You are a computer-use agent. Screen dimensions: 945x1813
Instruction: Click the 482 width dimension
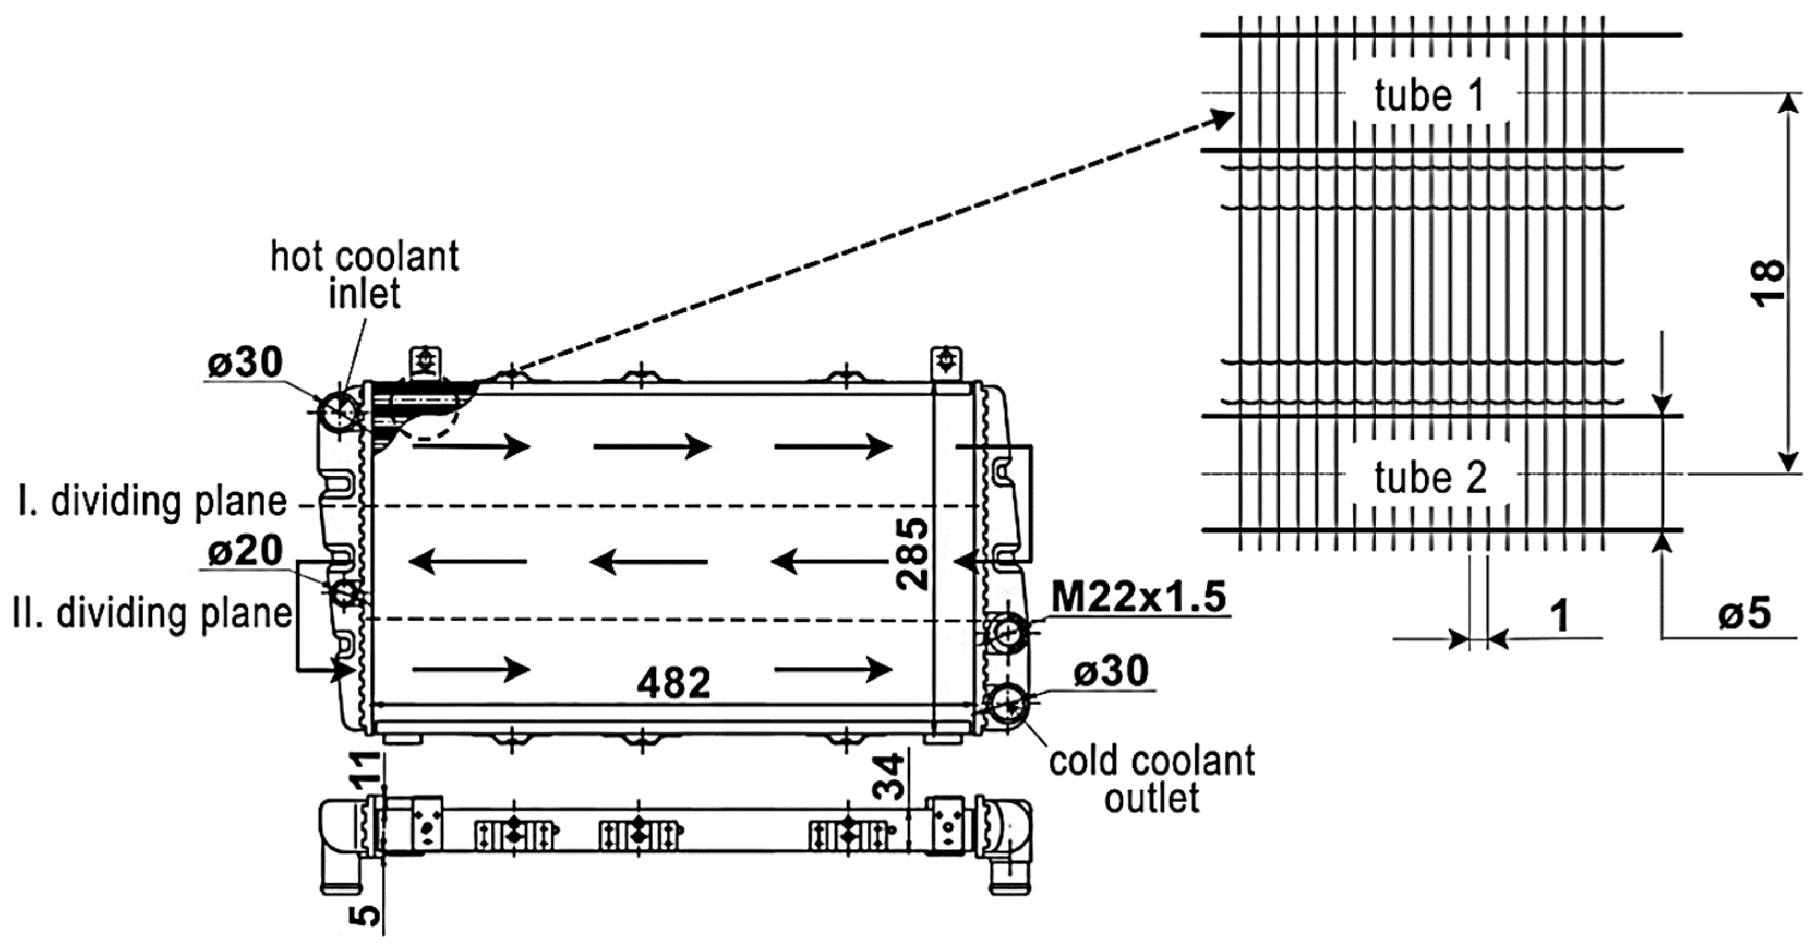click(673, 682)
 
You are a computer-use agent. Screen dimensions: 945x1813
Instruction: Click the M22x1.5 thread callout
click(1138, 597)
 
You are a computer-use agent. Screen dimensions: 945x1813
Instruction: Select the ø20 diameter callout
click(245, 550)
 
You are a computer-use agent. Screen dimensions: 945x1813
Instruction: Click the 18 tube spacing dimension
click(1767, 283)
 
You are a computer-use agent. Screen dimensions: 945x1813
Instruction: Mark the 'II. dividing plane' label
click(153, 613)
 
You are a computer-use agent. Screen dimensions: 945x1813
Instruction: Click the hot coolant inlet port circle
click(339, 411)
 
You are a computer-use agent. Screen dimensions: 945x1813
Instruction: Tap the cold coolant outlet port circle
click(1009, 704)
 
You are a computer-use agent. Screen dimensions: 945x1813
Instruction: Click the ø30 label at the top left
click(244, 363)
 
